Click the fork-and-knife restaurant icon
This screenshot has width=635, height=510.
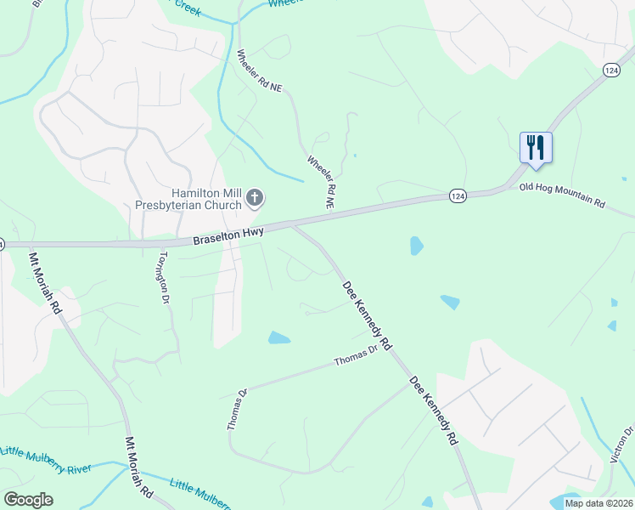tap(536, 147)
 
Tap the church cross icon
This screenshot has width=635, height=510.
tap(254, 199)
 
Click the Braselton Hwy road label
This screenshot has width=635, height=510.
tap(228, 234)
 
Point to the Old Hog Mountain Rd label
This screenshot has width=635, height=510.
tap(562, 195)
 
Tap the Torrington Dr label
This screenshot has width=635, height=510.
tap(160, 278)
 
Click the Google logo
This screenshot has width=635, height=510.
tap(28, 499)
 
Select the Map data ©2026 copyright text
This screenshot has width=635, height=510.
tap(598, 503)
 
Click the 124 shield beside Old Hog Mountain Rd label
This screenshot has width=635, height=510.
tap(458, 196)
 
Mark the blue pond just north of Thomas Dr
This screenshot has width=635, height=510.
tap(279, 338)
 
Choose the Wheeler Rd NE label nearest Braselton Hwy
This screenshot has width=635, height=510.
tap(321, 182)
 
